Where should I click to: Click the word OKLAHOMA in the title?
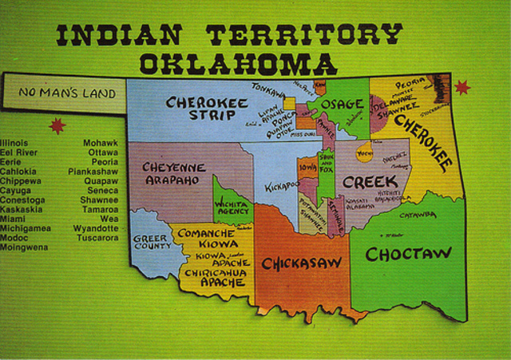coord(238,64)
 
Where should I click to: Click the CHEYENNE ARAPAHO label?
coord(173,174)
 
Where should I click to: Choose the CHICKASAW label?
coord(302,263)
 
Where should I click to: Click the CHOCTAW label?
coord(408,254)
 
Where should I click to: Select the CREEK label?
coord(370,182)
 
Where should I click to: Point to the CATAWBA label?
coord(417,216)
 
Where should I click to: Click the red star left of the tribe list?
coord(57,125)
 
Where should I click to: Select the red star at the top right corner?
coord(461,86)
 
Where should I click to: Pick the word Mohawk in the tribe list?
coord(101,144)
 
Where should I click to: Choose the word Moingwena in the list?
coord(24,247)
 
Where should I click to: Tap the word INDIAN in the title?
coord(120,34)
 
